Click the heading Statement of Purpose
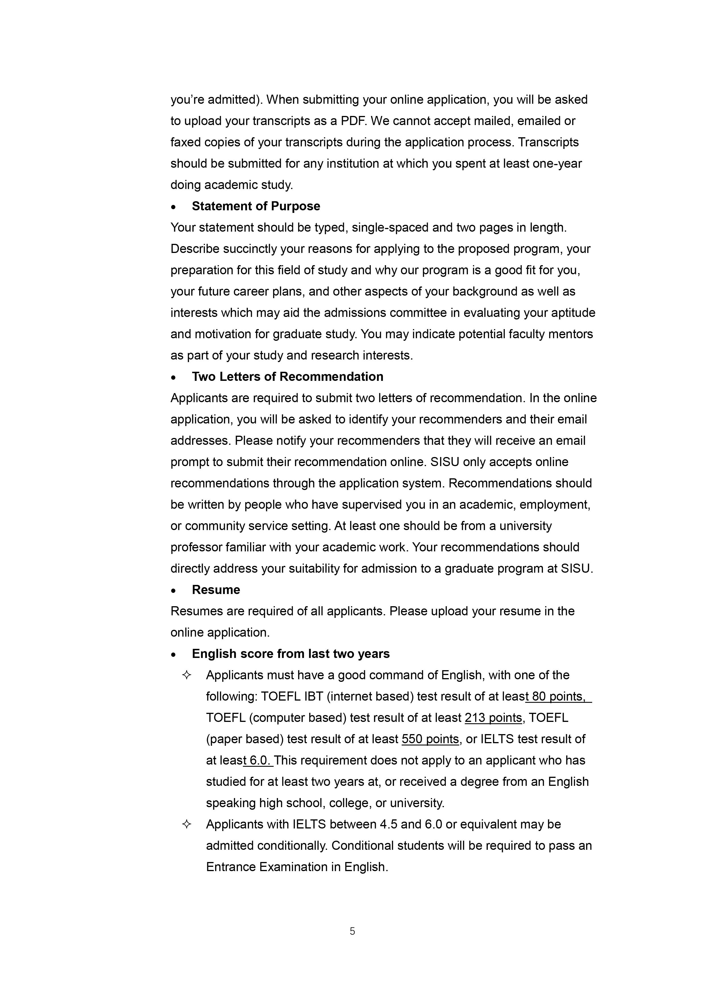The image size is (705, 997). tap(256, 206)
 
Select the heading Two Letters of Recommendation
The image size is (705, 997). tap(288, 377)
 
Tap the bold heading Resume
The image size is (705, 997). tap(216, 590)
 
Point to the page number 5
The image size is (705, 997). tap(352, 931)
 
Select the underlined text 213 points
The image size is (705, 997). tap(493, 718)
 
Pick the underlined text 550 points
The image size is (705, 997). tap(430, 739)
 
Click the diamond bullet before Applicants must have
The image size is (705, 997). tap(187, 675)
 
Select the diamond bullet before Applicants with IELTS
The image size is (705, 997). tap(187, 824)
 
